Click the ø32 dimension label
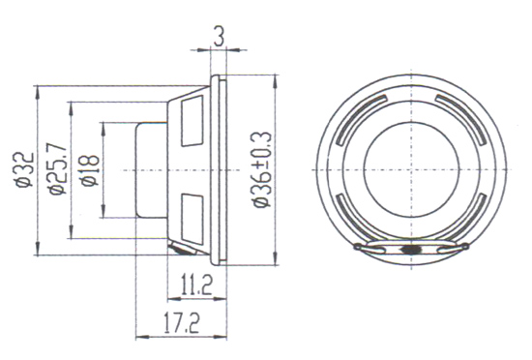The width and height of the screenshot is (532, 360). coord(25,170)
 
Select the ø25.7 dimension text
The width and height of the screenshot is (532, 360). coord(57,168)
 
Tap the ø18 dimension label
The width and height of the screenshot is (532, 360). coord(90,170)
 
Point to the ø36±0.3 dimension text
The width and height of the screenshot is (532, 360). coord(262,169)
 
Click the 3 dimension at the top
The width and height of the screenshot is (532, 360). coord(219,37)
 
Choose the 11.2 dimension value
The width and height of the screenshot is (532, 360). coord(196,285)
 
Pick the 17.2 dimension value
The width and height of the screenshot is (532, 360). coord(182,323)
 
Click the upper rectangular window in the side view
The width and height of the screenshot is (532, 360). coord(192,121)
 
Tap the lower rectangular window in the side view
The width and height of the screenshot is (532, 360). coord(192,219)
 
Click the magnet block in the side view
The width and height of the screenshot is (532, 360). coord(151,170)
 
